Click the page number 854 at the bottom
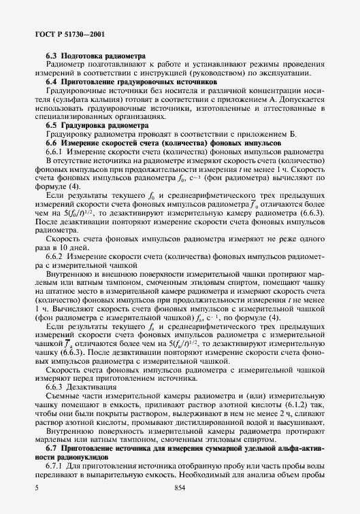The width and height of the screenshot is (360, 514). pyautogui.click(x=180, y=488)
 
